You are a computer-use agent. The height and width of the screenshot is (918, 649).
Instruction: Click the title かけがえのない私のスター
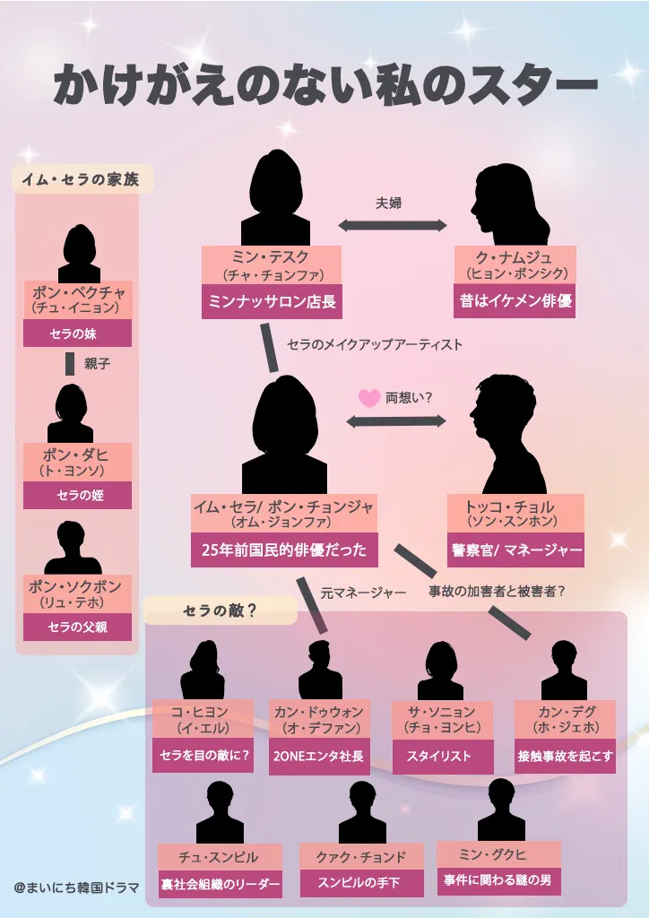[325, 86]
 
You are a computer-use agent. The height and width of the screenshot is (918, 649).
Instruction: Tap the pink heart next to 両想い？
[368, 398]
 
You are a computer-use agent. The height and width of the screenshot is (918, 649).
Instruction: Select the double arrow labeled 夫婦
[393, 225]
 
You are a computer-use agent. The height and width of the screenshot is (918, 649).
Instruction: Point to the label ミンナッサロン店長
[272, 302]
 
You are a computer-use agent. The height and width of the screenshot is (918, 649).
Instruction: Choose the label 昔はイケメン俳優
[514, 301]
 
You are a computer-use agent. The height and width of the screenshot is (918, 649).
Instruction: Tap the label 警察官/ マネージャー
[515, 550]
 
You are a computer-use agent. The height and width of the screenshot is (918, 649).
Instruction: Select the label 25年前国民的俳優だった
[283, 550]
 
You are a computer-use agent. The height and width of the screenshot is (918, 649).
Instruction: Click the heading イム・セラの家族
[82, 178]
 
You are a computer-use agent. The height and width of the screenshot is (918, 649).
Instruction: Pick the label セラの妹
[77, 333]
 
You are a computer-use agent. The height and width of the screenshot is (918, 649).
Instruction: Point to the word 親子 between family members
[97, 363]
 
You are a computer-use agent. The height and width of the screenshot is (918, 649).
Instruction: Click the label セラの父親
[77, 627]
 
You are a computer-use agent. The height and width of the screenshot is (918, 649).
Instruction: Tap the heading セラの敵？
[220, 611]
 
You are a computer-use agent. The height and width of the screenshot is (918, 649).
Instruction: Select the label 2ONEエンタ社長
[319, 756]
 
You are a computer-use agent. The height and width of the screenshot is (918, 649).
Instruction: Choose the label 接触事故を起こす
[565, 756]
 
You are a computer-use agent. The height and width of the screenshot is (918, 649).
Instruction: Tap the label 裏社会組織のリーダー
[220, 883]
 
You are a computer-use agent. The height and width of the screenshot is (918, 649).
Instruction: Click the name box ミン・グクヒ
[498, 853]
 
